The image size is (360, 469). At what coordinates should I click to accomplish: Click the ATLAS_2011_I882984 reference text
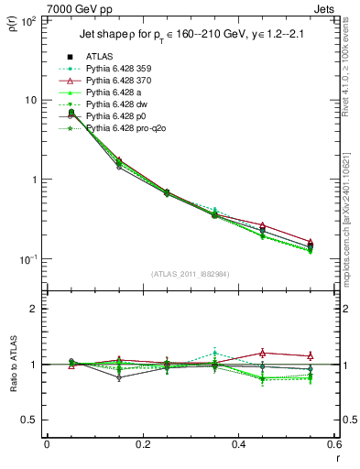click(x=191, y=274)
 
